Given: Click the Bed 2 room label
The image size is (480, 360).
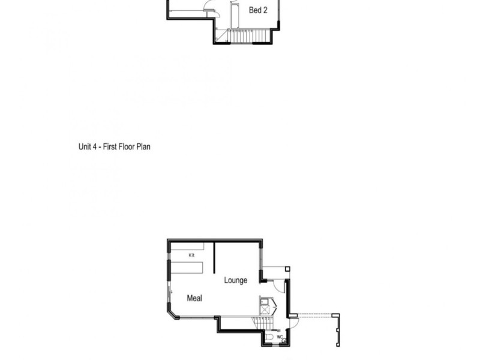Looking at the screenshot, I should click(x=258, y=10).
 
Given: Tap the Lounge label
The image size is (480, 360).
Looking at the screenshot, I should click(x=236, y=280).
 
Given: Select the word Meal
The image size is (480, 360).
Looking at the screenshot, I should click(x=194, y=298).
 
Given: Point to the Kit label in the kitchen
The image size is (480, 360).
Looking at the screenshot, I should click(x=192, y=256).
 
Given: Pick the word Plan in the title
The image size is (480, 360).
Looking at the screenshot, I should click(x=143, y=146).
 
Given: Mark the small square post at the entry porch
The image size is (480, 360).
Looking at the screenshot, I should click(x=287, y=269).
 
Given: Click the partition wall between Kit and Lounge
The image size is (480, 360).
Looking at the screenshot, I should click(x=215, y=257).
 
